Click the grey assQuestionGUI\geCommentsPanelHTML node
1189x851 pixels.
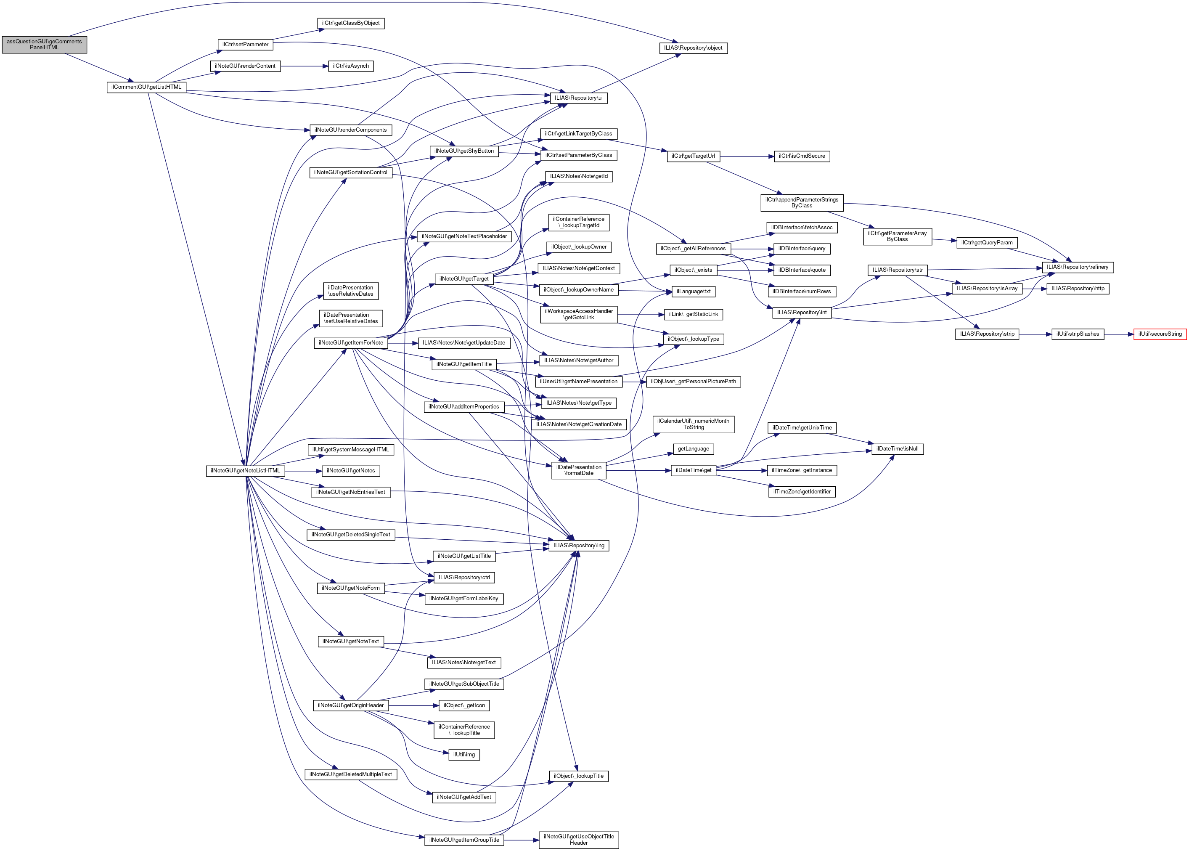(x=45, y=45)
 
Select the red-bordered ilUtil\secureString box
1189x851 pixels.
(x=1160, y=334)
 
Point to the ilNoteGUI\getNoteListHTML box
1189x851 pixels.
(x=245, y=471)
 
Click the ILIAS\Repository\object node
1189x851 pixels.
(x=693, y=48)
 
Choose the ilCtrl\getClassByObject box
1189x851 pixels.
(x=351, y=23)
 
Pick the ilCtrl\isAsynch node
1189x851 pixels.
(x=351, y=66)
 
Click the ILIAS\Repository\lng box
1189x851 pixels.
(x=579, y=546)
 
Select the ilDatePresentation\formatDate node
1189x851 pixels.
(x=579, y=470)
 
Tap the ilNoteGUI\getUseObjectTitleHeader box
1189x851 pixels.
(x=579, y=840)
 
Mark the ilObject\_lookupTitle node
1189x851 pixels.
(x=579, y=776)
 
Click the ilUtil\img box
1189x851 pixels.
(x=464, y=755)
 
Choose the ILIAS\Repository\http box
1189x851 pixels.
(x=1078, y=289)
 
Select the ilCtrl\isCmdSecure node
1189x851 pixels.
(x=801, y=156)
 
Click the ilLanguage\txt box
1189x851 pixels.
(x=694, y=292)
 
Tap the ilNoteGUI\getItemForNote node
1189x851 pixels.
(x=351, y=343)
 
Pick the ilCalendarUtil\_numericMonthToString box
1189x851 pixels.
(x=694, y=424)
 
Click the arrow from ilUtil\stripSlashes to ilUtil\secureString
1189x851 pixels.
(x=1119, y=334)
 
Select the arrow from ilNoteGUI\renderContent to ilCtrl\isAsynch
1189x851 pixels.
(x=305, y=66)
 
